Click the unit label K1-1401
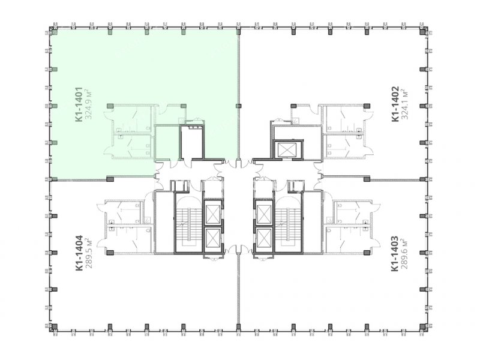tap(79, 104)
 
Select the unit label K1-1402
tap(395, 104)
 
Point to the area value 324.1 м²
tap(405, 104)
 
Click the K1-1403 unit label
tap(395, 253)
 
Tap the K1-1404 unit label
tap(79, 253)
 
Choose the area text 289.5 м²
tap(89, 253)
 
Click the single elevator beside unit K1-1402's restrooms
tap(288, 149)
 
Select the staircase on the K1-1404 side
tap(188, 223)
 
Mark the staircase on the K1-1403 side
tap(289, 223)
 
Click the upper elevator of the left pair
tap(213, 214)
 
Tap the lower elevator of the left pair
tap(213, 239)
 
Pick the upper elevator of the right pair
tap(264, 214)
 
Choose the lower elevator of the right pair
tap(264, 239)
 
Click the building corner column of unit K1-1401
tap(53, 32)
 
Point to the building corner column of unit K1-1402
tap(424, 32)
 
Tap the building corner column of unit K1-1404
tap(53, 327)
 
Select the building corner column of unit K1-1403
tap(424, 327)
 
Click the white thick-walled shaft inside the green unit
tap(192, 142)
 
